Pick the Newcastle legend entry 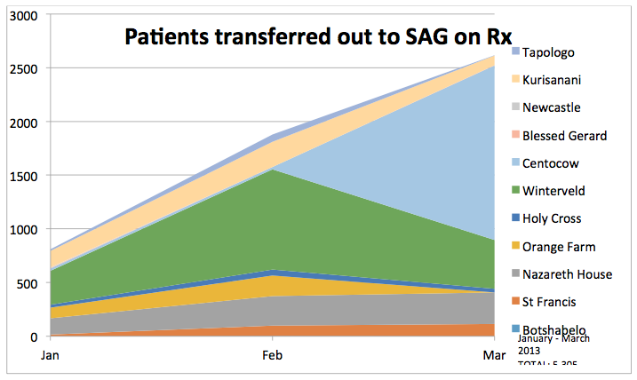(551, 107)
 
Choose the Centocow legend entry (551, 162)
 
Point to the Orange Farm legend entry (558, 246)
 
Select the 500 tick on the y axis (25, 284)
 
